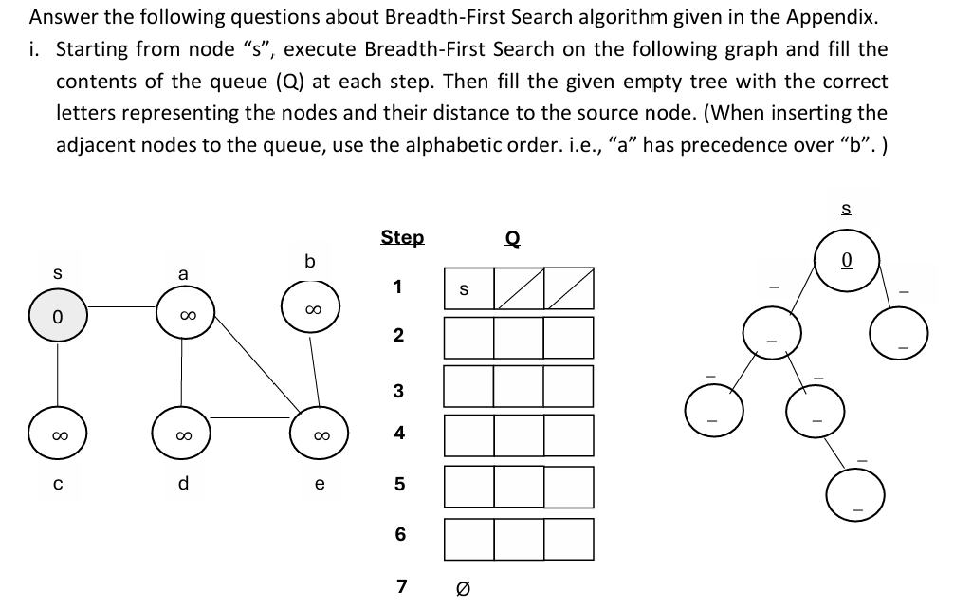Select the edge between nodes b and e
pos(314,369)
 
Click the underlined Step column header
pos(402,237)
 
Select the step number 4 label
pos(399,433)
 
